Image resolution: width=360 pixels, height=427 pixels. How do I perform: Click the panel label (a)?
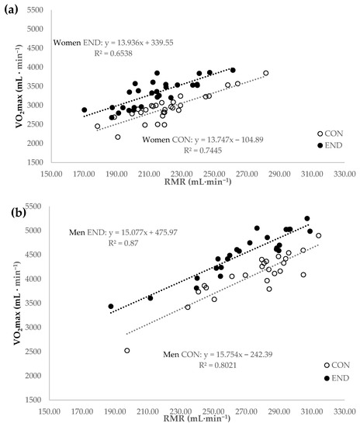(x=11, y=10)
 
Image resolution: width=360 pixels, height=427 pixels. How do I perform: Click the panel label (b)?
(x=19, y=213)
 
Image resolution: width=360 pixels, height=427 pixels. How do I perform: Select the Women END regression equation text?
(x=113, y=43)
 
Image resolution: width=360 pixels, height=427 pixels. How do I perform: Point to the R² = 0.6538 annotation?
(x=113, y=54)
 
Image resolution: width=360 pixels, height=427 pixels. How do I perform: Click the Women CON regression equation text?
(x=202, y=140)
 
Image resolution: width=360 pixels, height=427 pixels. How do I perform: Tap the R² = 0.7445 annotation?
(x=202, y=151)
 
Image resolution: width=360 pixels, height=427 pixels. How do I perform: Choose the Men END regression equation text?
(x=123, y=233)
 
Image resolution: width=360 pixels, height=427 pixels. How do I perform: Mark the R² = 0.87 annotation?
(x=123, y=243)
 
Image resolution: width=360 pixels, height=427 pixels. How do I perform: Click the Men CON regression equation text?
(x=218, y=355)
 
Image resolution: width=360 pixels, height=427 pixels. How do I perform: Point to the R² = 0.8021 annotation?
(x=218, y=365)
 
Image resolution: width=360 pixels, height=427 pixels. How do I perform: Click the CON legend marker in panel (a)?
(x=320, y=134)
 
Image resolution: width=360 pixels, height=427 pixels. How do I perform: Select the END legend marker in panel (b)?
(x=327, y=378)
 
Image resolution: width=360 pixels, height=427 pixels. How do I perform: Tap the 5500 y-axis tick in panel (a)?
(x=35, y=10)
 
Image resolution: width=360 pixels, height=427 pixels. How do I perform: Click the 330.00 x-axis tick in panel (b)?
(x=344, y=411)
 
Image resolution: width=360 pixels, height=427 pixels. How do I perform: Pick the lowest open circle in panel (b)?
(x=126, y=350)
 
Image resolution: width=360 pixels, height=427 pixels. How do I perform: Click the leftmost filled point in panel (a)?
(x=85, y=109)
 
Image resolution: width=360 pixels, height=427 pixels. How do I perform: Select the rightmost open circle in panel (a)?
(x=266, y=73)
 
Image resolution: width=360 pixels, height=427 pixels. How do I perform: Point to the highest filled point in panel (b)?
(x=307, y=218)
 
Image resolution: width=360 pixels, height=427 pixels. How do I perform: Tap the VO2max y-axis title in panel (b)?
(x=18, y=303)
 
